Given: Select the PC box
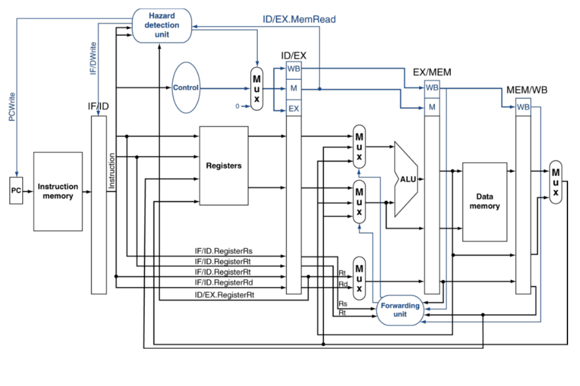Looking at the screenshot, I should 16,190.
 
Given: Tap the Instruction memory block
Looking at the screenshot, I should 58,191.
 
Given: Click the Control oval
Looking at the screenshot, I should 186,88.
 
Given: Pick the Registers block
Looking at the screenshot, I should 224,165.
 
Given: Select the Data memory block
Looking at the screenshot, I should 484,202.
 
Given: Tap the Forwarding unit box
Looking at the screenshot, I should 400,310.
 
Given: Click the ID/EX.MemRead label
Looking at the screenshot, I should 299,19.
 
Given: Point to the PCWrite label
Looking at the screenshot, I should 12,106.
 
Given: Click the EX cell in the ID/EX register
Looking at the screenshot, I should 293,109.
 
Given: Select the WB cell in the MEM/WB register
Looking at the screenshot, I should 523,107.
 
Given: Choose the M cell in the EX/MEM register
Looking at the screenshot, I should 432,107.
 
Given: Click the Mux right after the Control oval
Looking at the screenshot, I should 257,88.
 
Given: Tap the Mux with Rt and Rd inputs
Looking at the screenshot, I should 359,275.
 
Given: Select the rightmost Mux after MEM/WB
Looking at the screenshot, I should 556,182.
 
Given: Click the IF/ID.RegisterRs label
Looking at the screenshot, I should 223,251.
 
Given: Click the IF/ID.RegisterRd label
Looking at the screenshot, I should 223,282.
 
